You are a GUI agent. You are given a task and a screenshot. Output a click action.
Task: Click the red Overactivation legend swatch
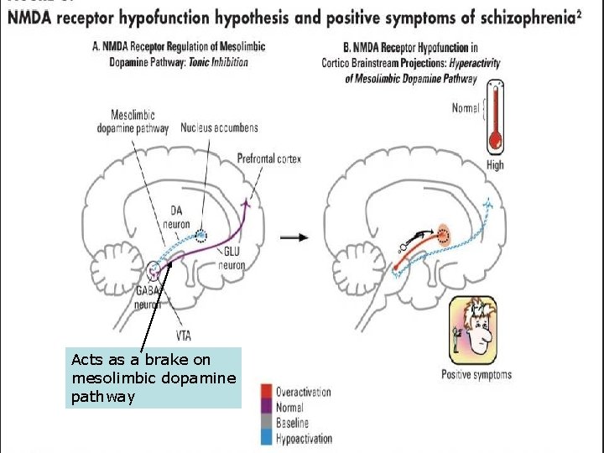point(266,392)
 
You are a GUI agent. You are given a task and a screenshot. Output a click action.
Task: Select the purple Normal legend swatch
point(266,407)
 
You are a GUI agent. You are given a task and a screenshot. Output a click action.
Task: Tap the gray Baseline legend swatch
point(266,423)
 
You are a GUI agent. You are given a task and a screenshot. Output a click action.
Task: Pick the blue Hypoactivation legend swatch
point(266,438)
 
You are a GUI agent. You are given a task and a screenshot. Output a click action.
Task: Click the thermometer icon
point(496,117)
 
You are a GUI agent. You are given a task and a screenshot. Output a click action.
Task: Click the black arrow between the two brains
point(294,237)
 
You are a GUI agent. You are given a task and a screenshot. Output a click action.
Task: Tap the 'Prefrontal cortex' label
point(268,159)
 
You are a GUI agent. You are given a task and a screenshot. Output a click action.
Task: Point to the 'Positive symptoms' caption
point(476,374)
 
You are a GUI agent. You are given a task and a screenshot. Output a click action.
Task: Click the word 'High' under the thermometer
point(496,164)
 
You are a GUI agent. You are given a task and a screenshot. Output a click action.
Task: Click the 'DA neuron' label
point(175,217)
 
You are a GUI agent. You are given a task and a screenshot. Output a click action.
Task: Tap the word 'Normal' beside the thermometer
point(466,108)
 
